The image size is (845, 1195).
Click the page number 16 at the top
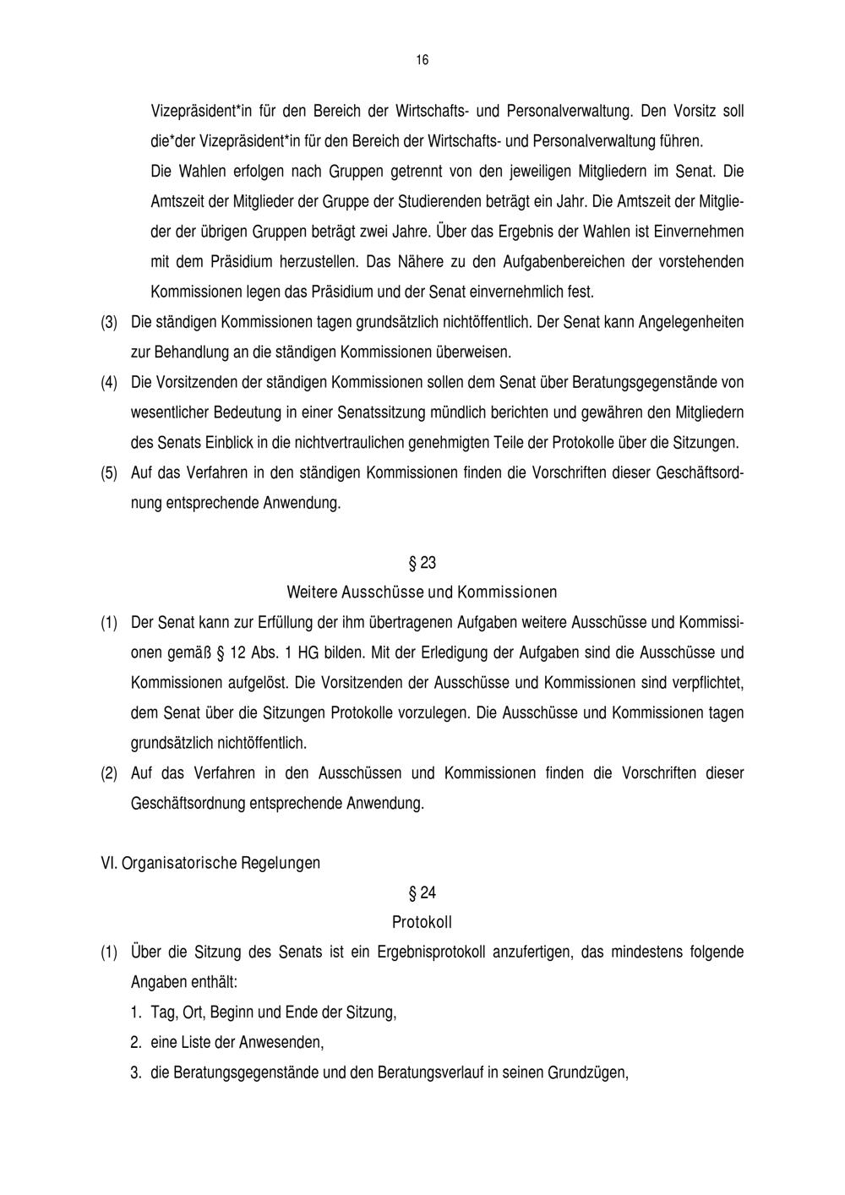[422, 60]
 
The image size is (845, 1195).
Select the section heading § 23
[422, 563]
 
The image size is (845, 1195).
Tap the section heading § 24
[422, 892]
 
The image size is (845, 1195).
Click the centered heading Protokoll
[422, 922]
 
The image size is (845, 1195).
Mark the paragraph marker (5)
[109, 473]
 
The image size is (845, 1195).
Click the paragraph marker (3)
[109, 323]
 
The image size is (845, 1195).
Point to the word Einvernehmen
[701, 232]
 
